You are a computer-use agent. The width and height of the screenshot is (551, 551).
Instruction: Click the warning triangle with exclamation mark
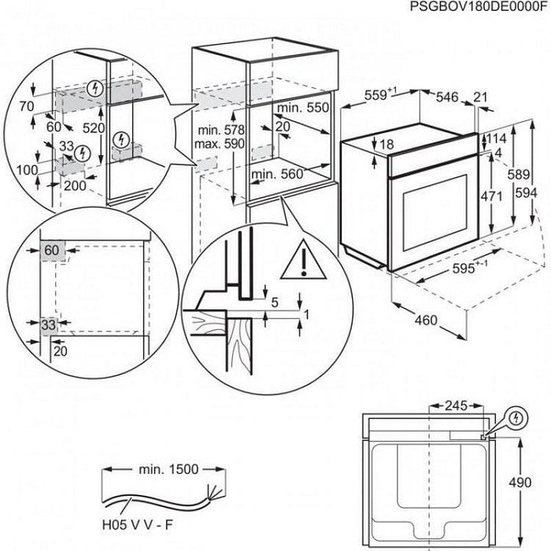[301, 257]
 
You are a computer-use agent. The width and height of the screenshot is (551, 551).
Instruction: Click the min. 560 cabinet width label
[276, 175]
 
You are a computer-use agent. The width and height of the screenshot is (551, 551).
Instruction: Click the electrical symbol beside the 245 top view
[516, 416]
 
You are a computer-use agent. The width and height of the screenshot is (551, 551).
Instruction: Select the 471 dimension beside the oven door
[491, 196]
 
